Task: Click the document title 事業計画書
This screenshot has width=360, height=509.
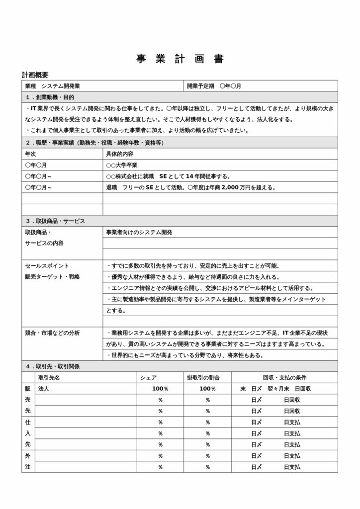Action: click(180, 59)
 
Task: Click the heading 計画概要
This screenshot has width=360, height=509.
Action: click(35, 75)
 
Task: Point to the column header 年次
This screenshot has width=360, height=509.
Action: click(30, 154)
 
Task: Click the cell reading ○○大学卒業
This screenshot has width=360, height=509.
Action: click(122, 165)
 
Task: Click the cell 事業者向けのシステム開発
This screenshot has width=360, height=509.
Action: click(139, 232)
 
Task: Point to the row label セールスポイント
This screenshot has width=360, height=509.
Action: click(47, 265)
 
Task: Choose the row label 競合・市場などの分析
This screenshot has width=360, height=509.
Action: click(52, 333)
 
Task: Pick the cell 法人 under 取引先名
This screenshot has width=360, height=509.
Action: click(43, 389)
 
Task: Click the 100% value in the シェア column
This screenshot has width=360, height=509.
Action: click(160, 389)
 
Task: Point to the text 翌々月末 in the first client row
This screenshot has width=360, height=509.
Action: click(277, 389)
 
